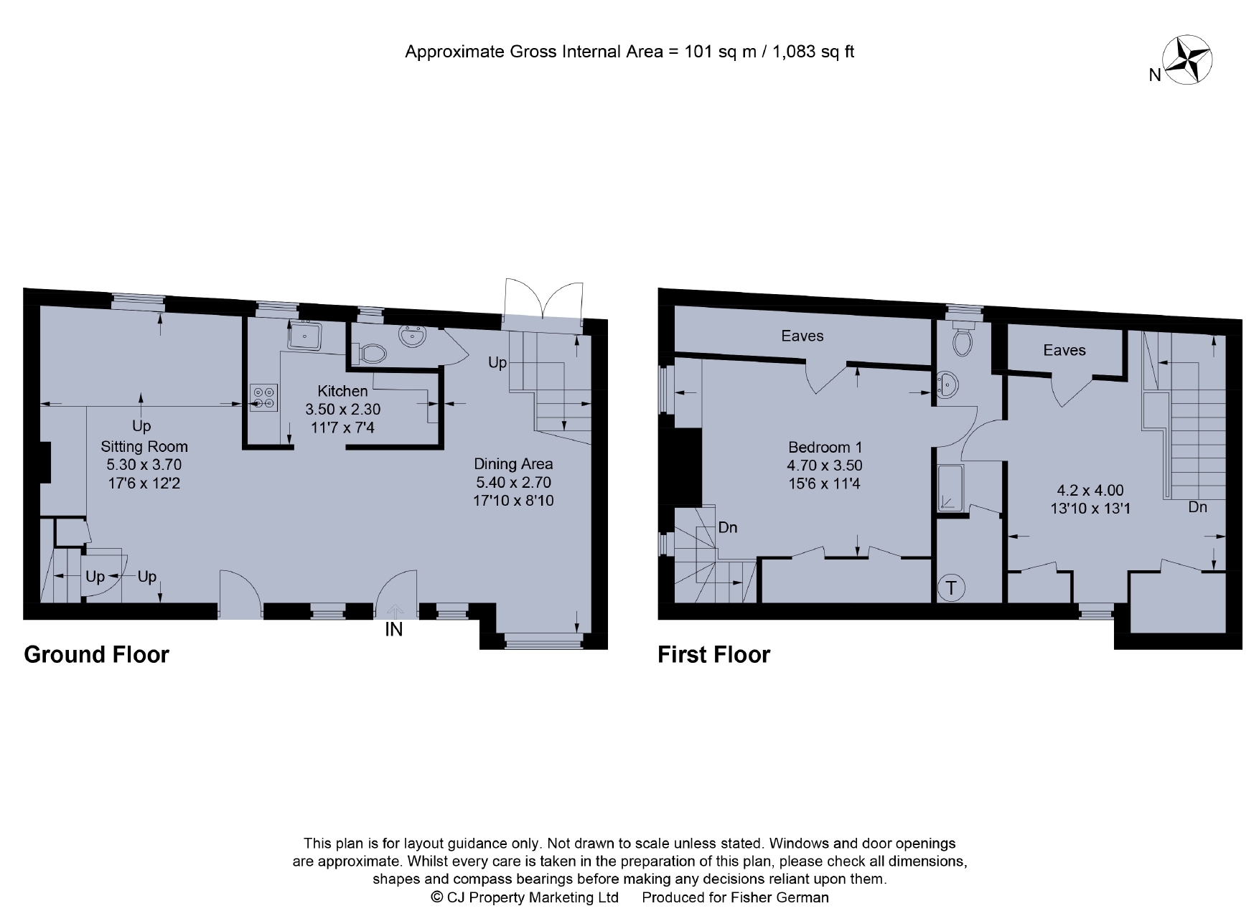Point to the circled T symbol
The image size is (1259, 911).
click(x=951, y=588)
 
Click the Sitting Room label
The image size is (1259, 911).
click(x=144, y=446)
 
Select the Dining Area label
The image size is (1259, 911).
click(x=513, y=463)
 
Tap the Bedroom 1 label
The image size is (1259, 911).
click(x=825, y=447)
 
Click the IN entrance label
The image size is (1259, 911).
click(x=393, y=630)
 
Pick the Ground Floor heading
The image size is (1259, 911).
click(x=96, y=654)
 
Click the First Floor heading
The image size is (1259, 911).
click(x=713, y=654)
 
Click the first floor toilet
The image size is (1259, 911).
click(x=963, y=341)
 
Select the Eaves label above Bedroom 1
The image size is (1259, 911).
click(x=802, y=336)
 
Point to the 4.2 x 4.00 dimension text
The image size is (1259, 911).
click(x=1090, y=491)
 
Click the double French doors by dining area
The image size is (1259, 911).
click(x=543, y=301)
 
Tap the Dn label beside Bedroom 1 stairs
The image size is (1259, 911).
click(x=727, y=527)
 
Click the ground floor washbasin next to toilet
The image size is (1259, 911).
click(x=413, y=335)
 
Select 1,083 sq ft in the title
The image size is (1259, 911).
click(x=813, y=52)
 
